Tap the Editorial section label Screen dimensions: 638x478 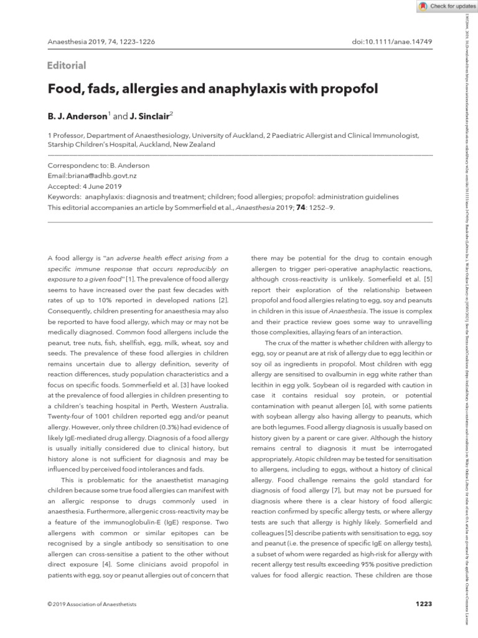[x=67, y=65]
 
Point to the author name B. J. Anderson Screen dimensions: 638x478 [x=78, y=116]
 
